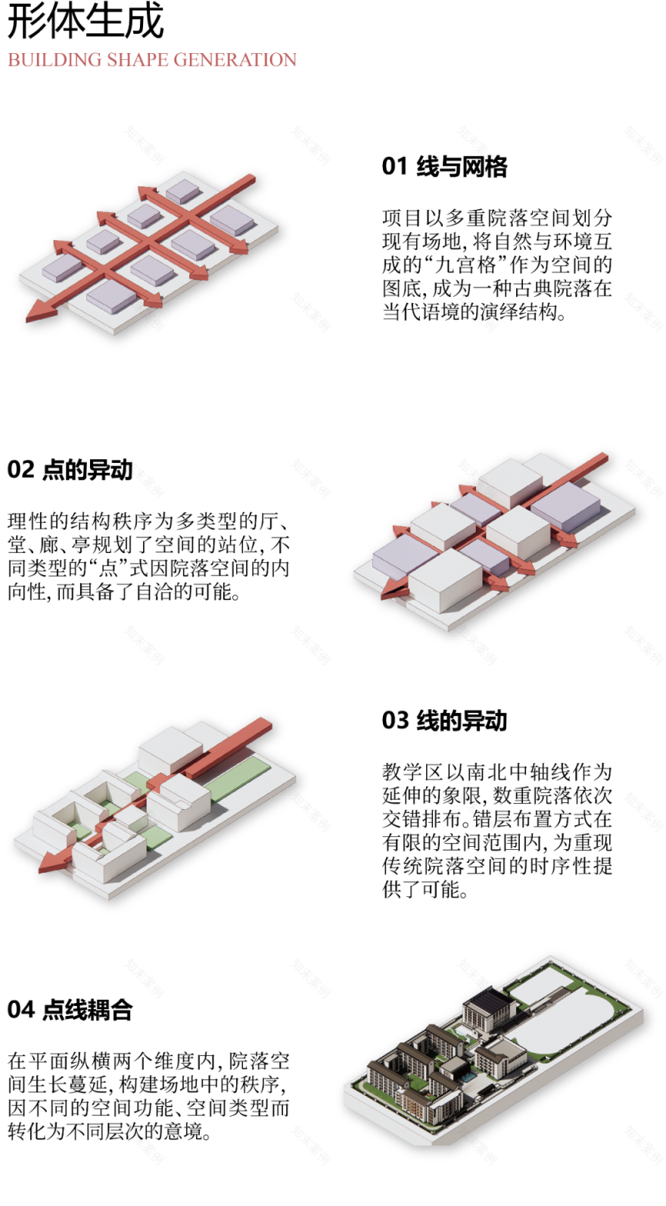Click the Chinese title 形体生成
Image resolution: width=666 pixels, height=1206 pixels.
point(85,21)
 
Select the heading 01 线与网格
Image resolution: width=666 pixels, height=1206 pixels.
point(444,167)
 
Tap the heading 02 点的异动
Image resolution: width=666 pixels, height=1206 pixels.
point(70,470)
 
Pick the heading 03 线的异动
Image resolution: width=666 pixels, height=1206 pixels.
point(444,720)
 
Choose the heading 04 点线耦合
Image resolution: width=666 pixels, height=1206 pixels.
point(70,1010)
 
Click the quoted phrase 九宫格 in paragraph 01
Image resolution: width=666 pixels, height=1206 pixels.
point(465,265)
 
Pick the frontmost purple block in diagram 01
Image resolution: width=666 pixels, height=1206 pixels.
point(111,296)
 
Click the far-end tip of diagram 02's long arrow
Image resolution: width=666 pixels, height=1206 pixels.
point(603,457)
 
